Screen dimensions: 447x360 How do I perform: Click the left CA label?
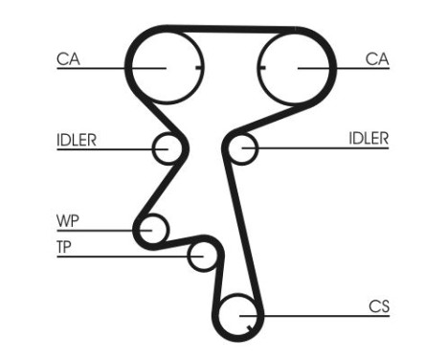point(67,59)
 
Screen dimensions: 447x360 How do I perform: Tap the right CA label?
point(377,59)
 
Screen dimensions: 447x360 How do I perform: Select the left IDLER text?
point(76,139)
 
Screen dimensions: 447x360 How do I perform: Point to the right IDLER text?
point(369,139)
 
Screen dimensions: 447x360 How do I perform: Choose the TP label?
point(65,247)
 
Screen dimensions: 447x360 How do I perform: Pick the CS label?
point(379,306)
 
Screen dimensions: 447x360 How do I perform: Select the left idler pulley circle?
point(167,149)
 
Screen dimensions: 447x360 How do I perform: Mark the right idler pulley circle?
point(244,148)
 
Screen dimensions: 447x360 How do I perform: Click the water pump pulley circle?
point(151,230)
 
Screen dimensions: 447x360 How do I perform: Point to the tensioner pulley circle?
point(202,256)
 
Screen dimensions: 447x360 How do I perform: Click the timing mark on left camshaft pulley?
point(196,68)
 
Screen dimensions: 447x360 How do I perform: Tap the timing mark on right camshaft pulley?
point(260,68)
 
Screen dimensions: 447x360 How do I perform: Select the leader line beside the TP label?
point(124,256)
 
